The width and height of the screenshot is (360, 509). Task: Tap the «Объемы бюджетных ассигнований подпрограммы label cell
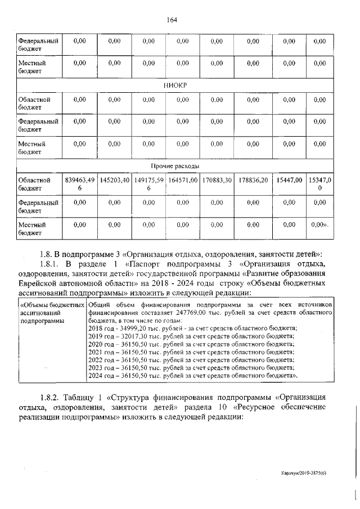(x=51, y=312)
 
